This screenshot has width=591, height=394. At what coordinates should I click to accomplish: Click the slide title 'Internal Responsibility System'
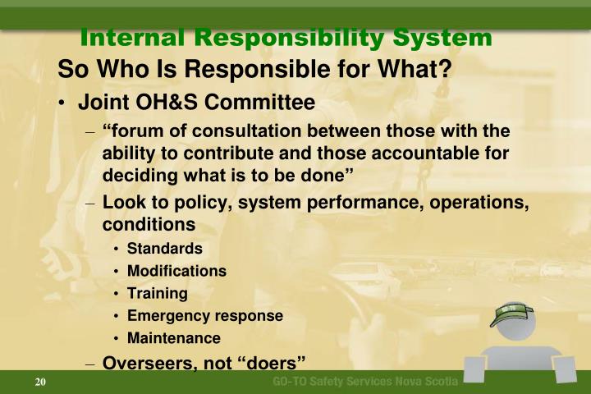[286, 37]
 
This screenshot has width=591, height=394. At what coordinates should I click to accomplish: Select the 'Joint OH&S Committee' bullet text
[195, 103]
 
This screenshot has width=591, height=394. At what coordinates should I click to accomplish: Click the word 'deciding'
[135, 174]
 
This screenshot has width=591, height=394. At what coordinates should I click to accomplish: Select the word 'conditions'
[149, 224]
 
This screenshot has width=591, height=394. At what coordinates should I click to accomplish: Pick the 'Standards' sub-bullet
[164, 248]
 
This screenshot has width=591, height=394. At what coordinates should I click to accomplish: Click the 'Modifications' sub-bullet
[176, 271]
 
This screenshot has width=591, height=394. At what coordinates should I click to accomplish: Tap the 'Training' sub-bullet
[157, 293]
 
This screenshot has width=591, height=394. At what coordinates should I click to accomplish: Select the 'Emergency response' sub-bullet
[204, 315]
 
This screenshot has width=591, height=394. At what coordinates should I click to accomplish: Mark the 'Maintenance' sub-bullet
[173, 337]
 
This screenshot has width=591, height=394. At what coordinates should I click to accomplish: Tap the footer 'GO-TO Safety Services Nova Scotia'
[365, 383]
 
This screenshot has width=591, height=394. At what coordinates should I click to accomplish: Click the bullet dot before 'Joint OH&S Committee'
[63, 104]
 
